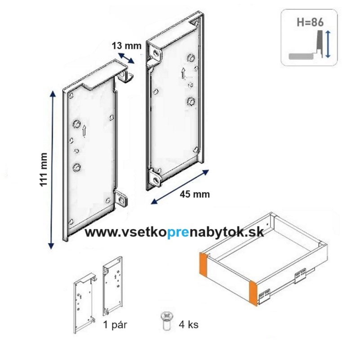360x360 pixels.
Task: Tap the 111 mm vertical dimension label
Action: [44, 169]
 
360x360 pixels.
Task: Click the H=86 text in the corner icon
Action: [311, 21]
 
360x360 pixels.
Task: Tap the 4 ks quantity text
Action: [188, 324]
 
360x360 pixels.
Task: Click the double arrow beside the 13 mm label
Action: [126, 57]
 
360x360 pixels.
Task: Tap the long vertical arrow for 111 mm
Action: [53, 169]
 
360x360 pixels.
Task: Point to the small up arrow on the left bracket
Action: [84, 131]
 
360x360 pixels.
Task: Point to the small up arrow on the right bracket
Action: [183, 73]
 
